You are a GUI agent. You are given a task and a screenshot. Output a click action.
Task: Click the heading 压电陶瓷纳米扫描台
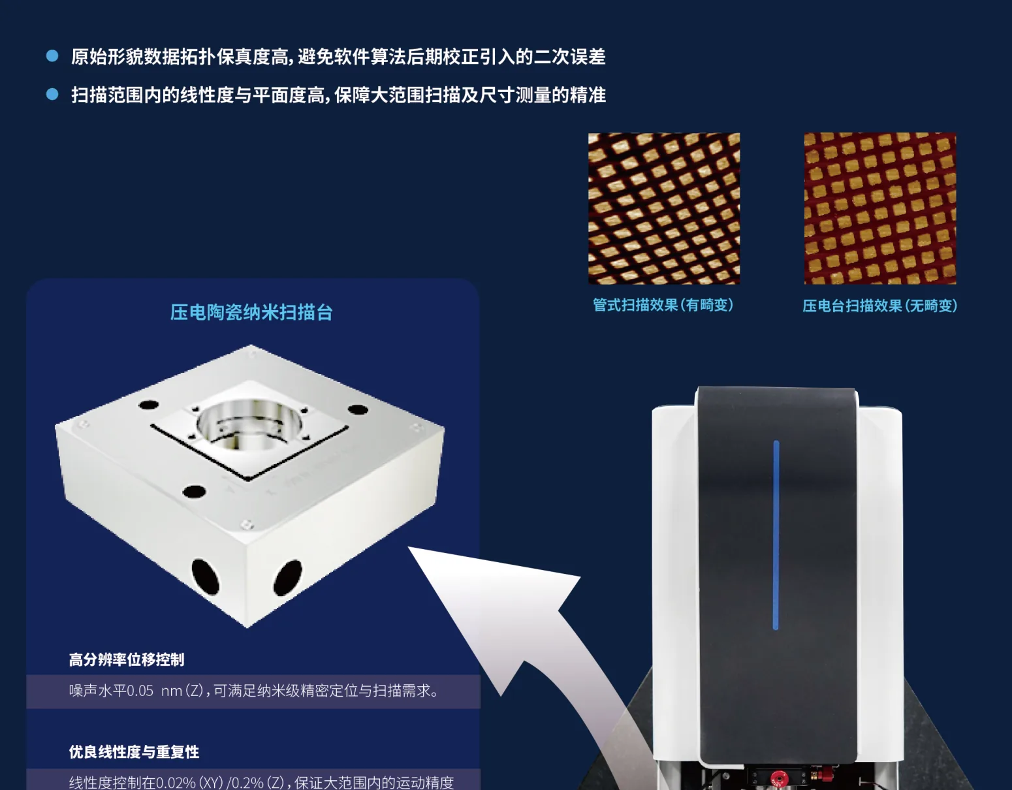251,313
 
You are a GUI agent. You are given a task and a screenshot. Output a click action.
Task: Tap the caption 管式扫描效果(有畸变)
663,305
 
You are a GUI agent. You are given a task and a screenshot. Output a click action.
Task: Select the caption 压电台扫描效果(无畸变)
879,306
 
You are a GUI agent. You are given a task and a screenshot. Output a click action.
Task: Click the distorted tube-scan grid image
663,208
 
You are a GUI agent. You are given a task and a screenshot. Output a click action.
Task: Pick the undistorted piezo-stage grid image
879,208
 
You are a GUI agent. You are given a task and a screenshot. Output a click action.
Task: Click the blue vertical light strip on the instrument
776,535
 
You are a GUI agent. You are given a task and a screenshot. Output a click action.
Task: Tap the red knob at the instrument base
777,778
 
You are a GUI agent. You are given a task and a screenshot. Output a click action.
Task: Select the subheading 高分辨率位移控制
127,659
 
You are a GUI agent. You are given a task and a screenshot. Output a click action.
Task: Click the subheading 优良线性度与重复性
134,752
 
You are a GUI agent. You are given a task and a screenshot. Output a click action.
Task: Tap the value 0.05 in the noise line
140,691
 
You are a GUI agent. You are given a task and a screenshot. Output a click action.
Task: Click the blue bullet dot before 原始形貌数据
52,56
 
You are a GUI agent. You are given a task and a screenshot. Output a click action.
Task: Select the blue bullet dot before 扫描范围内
52,95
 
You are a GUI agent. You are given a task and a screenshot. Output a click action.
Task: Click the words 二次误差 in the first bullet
569,57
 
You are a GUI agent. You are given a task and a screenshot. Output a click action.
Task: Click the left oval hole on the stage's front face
205,577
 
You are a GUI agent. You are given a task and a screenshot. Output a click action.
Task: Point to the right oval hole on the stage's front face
287,578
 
